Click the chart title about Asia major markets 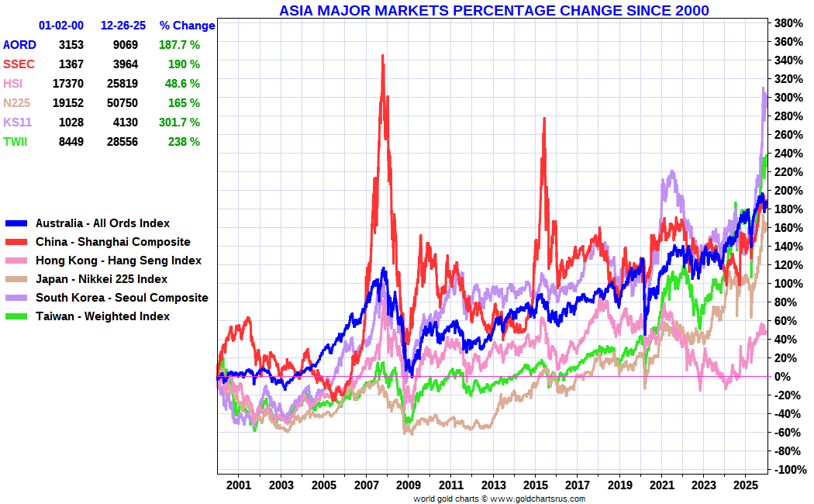pos(494,10)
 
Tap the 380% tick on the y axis pos(789,22)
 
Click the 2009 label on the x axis pos(408,485)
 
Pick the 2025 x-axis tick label pos(745,485)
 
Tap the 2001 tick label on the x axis pos(239,485)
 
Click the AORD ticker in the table pos(19,45)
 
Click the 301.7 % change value pos(179,123)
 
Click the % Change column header pos(187,26)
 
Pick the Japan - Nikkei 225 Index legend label pos(102,279)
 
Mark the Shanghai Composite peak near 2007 pos(382,56)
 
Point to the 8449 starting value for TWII pos(71,142)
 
